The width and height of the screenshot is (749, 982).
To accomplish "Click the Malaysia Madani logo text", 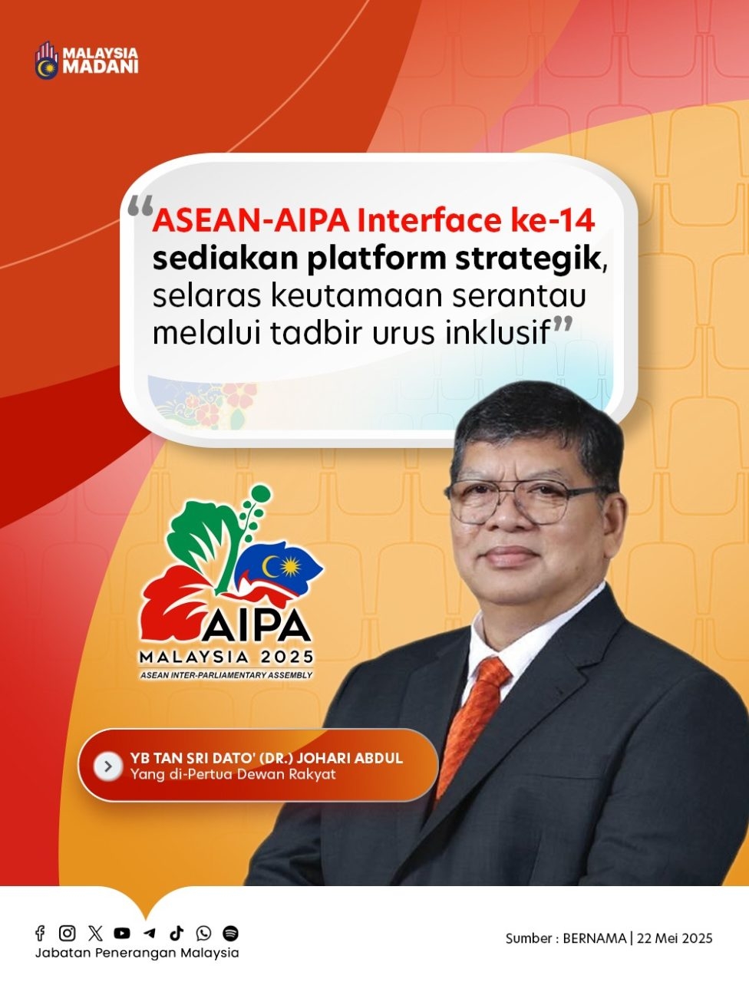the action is pos(101,60).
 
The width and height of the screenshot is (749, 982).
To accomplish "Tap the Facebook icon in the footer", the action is pos(40,933).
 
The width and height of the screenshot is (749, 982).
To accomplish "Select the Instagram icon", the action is pos(67,933).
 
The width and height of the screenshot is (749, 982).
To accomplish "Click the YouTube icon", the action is pos(122,933).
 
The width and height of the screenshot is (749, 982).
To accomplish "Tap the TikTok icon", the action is pos(177,933).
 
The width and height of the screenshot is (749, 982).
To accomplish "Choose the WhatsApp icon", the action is pos(203,933).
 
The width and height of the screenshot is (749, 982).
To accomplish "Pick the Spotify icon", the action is pos(230,933).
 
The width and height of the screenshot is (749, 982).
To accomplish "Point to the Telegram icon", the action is pos(150,933).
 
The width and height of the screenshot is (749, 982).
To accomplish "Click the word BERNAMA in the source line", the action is pos(594,938).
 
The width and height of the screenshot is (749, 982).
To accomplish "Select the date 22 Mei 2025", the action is pos(675,938).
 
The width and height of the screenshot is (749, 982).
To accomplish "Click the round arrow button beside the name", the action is pos(108,766).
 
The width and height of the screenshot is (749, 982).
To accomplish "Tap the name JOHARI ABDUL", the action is pos(350,758).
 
